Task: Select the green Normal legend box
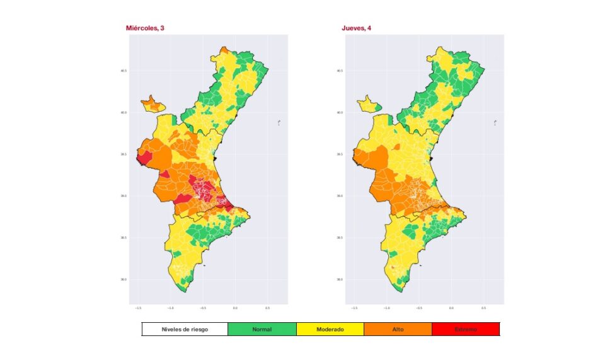coord(262,329)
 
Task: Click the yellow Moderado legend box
coord(330,329)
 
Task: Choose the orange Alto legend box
coord(398,329)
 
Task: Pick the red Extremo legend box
coord(466,329)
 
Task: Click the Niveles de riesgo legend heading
coord(185,329)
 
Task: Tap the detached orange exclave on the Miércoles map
coord(151,103)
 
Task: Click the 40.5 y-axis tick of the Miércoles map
coord(124,71)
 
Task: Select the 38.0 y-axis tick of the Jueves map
coord(340,279)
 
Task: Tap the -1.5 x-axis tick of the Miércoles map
coord(137,308)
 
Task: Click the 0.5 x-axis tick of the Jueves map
coord(484,308)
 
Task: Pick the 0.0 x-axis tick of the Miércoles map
coord(235,308)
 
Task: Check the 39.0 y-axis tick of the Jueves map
coord(340,196)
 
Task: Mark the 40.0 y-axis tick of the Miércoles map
coord(124,113)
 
